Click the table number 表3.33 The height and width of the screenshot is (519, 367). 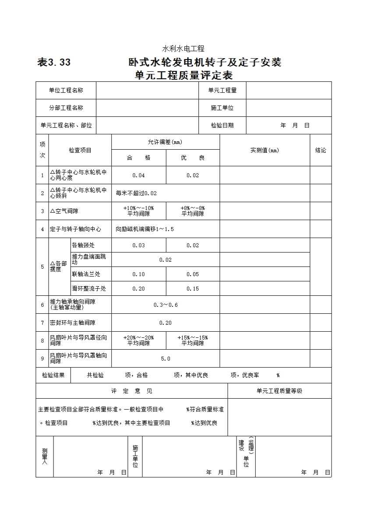tap(54, 63)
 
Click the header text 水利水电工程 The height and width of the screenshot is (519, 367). tap(183, 49)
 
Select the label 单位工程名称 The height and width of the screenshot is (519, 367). tap(66, 90)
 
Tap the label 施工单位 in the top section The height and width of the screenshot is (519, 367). tap(222, 108)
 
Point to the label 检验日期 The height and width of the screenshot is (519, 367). tap(222, 125)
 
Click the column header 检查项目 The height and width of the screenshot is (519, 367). tap(80, 150)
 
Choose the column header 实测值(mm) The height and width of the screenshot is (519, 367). tap(265, 150)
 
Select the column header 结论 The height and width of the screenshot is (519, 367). tap(321, 150)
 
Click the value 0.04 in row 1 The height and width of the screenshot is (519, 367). tap(138, 175)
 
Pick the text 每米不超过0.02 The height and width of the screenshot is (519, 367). tap(136, 193)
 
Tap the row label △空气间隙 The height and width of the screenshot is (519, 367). tap(64, 211)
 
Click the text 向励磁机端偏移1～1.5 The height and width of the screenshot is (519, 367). tap(145, 229)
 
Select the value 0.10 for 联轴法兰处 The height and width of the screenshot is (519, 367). tap(138, 274)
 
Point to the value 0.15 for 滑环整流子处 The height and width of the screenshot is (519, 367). tap(193, 288)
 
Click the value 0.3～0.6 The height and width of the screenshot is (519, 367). tap(166, 305)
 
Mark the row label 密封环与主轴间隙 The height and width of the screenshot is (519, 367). tap(72, 323)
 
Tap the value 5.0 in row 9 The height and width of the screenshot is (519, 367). tap(166, 358)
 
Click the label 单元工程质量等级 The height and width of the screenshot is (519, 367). tap(279, 391)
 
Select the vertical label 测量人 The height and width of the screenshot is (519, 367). tap(45, 456)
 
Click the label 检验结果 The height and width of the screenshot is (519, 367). tap(53, 375)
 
